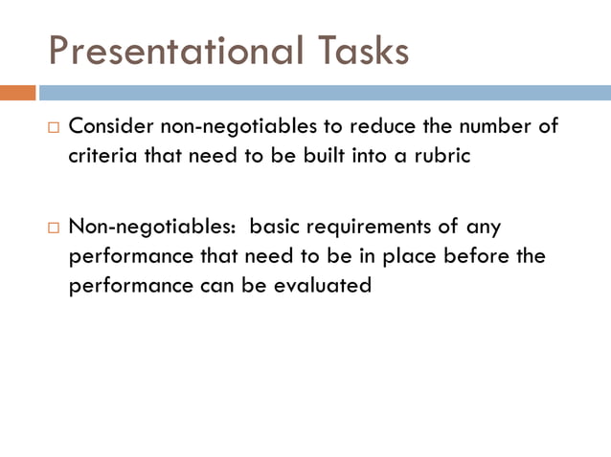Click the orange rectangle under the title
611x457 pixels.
[18, 93]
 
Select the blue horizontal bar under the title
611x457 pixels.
[325, 93]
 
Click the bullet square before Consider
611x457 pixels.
[55, 127]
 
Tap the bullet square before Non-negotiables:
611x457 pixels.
[55, 228]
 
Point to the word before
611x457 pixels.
[494, 256]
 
